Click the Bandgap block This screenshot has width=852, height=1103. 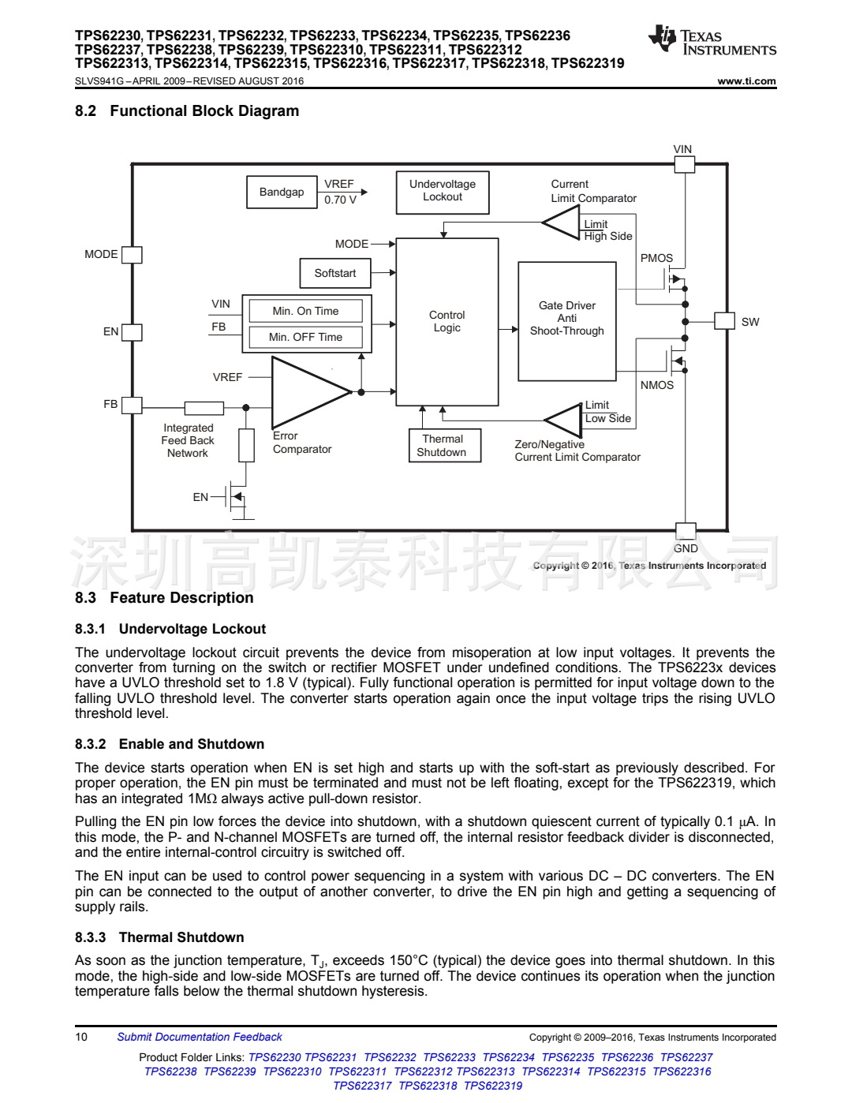282,193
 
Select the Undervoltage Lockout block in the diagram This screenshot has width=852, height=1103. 443,193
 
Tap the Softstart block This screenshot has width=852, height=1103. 335,274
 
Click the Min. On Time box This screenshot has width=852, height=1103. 305,311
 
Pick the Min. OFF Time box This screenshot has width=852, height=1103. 305,338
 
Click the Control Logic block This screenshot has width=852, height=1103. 447,322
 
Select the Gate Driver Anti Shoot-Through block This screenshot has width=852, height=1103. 567,321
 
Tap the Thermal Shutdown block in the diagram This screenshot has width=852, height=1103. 443,446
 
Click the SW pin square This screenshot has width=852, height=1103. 724,321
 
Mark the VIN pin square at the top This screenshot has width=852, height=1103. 685,164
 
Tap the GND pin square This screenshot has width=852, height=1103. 686,531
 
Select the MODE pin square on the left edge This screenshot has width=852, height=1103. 132,255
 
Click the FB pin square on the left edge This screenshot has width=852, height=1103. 132,405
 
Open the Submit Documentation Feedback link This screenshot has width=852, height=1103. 200,1038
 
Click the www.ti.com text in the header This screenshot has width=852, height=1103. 746,81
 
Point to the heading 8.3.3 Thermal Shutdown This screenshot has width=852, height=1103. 159,937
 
